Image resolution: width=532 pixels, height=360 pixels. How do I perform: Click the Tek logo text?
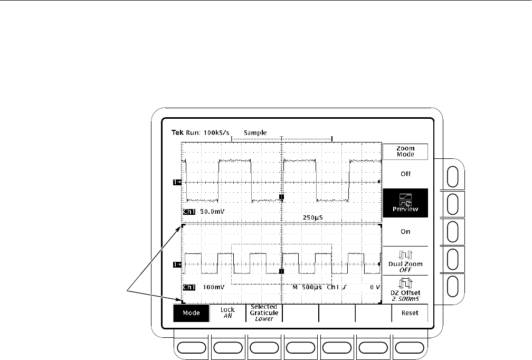tap(177, 132)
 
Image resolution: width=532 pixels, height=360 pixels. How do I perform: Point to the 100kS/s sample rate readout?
tap(216, 132)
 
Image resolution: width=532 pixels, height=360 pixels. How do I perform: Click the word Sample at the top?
tap(255, 132)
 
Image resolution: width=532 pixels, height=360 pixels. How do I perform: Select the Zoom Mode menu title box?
tap(405, 151)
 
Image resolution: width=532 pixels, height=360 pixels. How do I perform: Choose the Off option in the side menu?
tap(405, 174)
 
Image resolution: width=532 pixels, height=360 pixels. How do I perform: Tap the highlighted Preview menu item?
tap(405, 203)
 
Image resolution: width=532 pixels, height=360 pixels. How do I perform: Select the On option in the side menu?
tap(405, 231)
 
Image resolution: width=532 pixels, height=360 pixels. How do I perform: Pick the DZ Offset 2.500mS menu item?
tap(405, 289)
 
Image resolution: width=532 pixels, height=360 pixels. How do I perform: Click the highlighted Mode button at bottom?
tap(192, 313)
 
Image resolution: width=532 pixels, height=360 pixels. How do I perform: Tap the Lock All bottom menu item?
tap(227, 312)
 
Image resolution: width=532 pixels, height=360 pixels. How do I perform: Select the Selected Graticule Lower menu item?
tap(264, 313)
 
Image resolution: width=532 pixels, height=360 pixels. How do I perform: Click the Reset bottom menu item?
tap(410, 313)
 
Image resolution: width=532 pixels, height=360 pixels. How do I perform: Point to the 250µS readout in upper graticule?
tap(312, 217)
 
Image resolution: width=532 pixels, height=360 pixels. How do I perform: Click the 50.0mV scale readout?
tap(212, 212)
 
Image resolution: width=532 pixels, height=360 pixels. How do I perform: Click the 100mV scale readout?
tap(214, 287)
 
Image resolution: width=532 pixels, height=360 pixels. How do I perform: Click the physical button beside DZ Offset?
tap(453, 287)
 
